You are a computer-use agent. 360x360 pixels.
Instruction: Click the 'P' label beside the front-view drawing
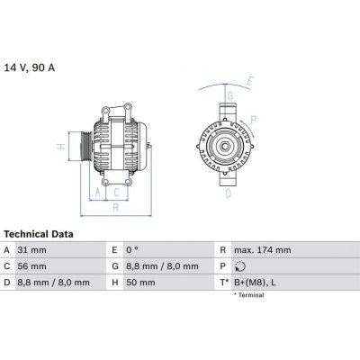tap(255, 117)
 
